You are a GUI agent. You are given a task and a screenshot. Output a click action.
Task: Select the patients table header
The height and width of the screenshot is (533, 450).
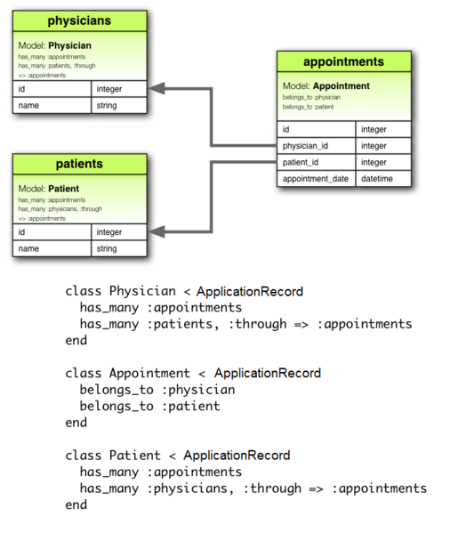click(79, 164)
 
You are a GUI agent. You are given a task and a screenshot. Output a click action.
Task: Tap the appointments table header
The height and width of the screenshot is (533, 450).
click(344, 61)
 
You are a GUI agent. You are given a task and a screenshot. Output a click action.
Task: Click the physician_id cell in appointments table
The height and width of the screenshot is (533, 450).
click(317, 146)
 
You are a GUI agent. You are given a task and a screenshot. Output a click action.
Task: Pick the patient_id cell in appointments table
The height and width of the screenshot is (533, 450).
click(317, 163)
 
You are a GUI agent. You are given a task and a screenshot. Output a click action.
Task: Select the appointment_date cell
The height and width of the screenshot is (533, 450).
click(317, 179)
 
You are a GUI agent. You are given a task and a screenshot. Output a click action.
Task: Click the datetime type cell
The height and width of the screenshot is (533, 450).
click(384, 179)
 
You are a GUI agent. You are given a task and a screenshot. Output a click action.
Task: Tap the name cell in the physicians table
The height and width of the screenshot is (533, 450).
click(52, 106)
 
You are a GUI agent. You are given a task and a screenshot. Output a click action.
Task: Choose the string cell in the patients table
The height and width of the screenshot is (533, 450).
click(118, 249)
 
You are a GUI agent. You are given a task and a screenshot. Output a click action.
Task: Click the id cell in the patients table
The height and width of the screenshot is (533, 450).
click(52, 232)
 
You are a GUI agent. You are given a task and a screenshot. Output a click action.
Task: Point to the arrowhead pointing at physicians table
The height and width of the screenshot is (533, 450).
click(157, 88)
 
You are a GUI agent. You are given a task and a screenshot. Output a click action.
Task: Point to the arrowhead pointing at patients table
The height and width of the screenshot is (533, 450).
click(157, 232)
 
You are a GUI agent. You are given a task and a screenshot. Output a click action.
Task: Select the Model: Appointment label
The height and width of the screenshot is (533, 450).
click(325, 86)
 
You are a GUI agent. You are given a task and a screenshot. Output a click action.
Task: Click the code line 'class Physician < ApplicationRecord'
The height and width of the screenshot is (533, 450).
click(184, 292)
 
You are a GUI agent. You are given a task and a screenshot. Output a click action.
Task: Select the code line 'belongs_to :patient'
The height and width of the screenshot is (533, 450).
click(149, 406)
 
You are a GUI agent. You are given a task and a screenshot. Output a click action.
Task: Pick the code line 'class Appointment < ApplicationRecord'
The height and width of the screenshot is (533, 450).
click(193, 373)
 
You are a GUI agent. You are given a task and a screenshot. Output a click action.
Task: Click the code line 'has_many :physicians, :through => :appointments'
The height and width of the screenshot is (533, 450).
click(253, 488)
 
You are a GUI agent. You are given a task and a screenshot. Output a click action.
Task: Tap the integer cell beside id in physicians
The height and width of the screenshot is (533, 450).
click(118, 89)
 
